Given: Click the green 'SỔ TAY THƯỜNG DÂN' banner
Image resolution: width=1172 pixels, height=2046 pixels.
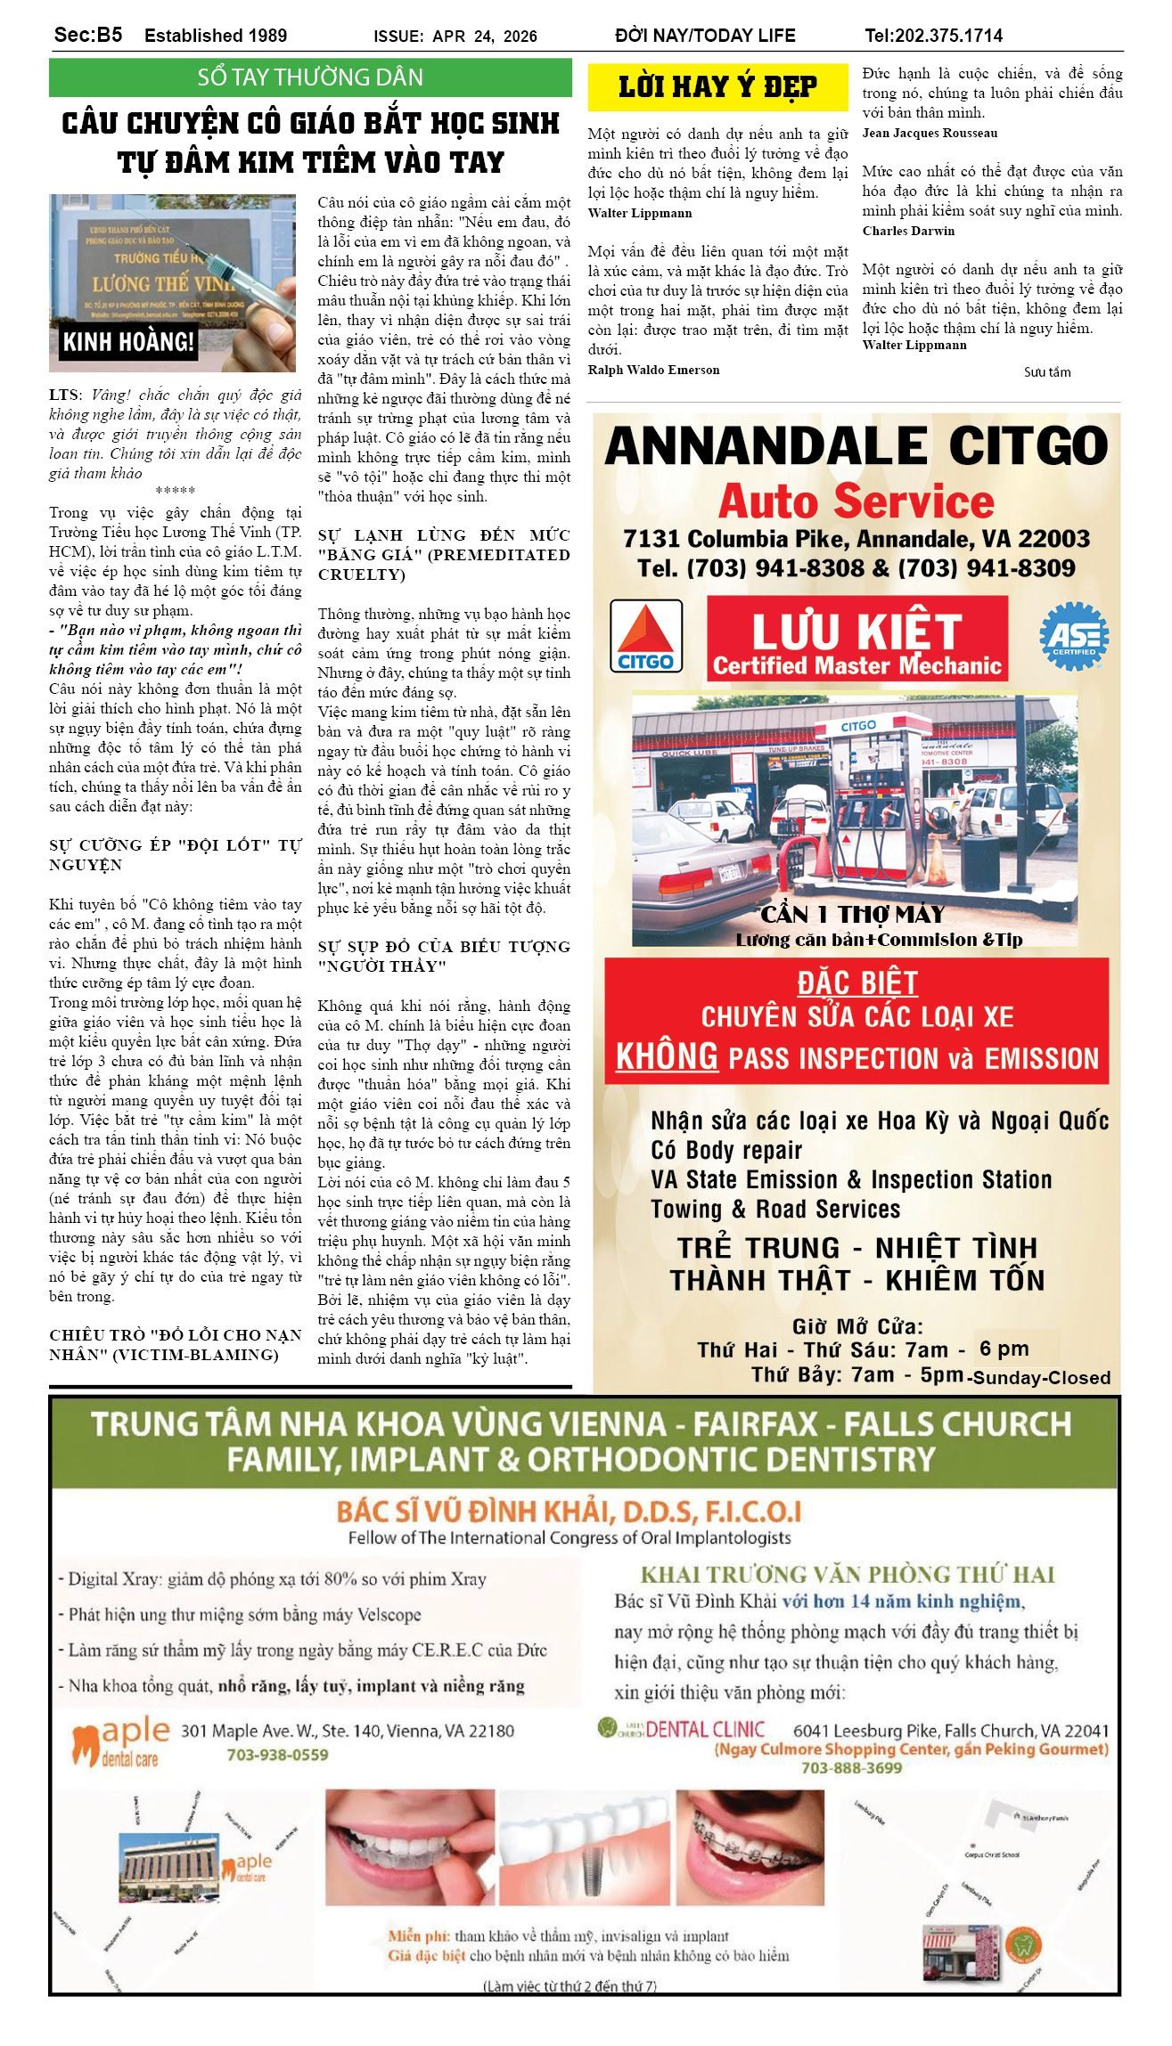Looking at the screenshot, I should (x=310, y=77).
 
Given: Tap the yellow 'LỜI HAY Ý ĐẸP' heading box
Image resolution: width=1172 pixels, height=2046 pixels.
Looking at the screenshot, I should (x=717, y=87).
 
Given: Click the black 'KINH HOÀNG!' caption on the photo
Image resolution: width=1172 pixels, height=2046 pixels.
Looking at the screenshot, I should (x=128, y=341).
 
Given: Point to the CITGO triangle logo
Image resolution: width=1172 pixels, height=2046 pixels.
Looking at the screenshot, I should (x=646, y=636).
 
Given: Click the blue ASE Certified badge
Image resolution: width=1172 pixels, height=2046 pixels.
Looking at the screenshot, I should (x=1074, y=636).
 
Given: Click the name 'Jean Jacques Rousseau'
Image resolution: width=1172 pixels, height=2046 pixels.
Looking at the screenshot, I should (x=930, y=134).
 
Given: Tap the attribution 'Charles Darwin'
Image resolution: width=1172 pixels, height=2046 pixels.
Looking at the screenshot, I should (x=908, y=232).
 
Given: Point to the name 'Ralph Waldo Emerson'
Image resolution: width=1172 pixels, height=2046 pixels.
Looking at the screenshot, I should (x=653, y=371).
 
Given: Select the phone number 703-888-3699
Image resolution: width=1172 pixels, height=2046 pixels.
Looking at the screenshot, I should (x=851, y=1768).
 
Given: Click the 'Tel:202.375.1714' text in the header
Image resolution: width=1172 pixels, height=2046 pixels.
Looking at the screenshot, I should (x=933, y=36).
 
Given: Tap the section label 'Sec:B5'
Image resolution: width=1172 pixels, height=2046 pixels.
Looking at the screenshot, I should (x=88, y=35).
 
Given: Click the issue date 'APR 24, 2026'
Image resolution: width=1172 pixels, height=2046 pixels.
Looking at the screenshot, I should (x=485, y=37).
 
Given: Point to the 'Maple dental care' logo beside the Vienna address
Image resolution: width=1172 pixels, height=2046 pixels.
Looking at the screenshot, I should (x=120, y=1742).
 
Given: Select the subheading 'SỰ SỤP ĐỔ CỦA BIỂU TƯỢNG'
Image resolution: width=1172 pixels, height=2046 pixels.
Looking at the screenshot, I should (x=443, y=947).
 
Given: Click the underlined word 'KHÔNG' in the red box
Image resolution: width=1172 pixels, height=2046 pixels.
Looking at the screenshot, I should (x=667, y=1056).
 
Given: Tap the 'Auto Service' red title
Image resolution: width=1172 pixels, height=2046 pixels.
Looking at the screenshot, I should (x=856, y=502).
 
